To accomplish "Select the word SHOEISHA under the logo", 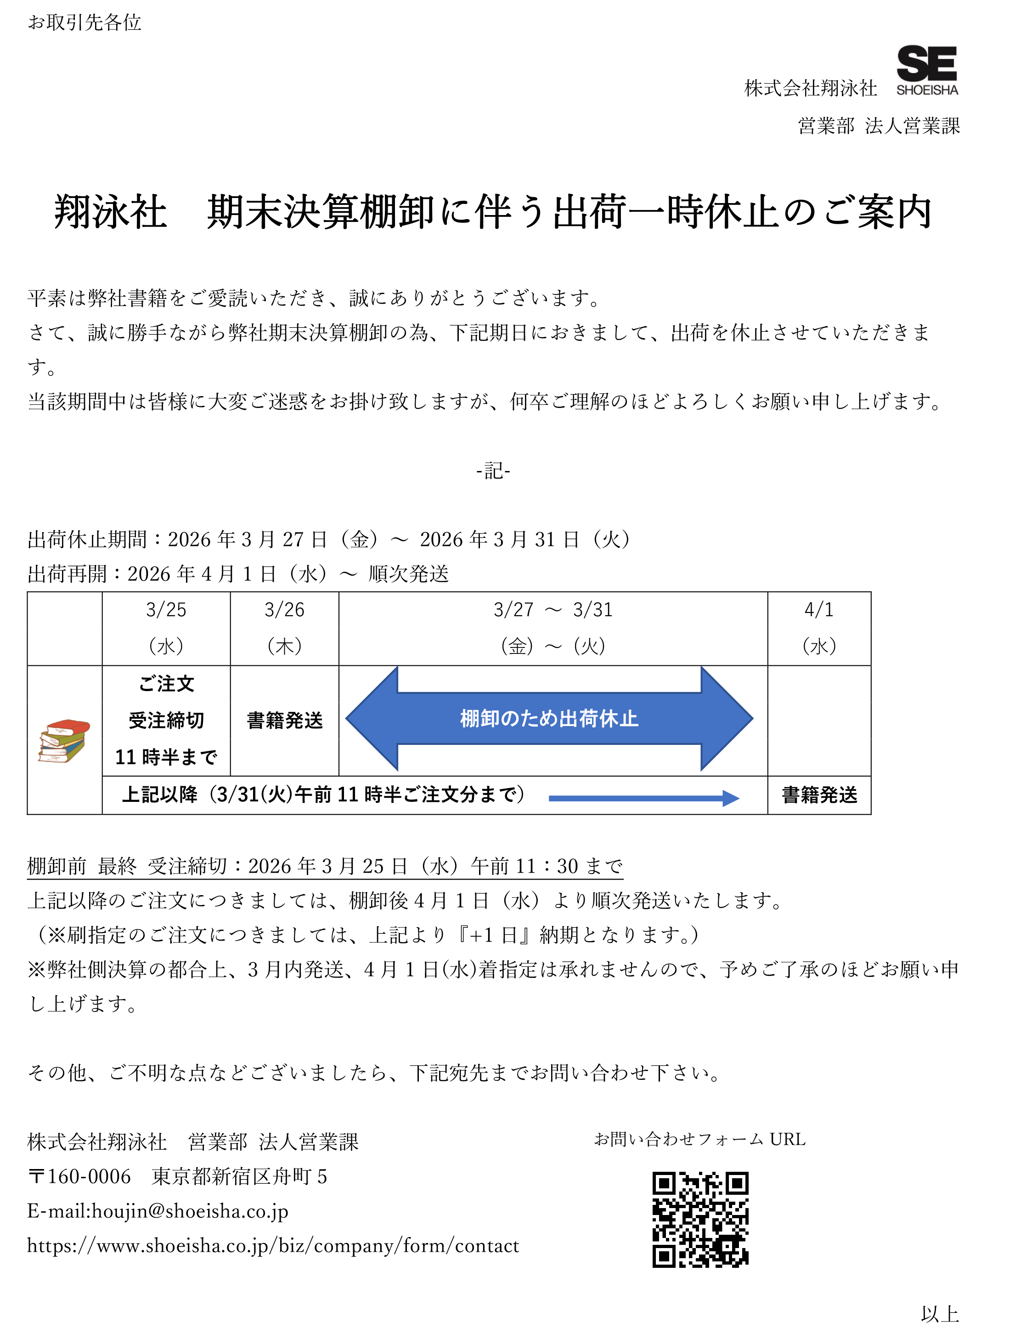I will click(x=927, y=90).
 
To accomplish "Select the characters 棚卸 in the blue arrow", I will click(x=479, y=719).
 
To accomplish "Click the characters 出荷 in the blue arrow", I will click(x=578, y=719).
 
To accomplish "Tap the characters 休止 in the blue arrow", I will click(x=619, y=719).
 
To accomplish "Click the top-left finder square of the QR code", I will click(x=664, y=1183).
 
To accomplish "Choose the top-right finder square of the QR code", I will click(x=737, y=1183).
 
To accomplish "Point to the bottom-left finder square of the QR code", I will click(x=664, y=1256).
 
